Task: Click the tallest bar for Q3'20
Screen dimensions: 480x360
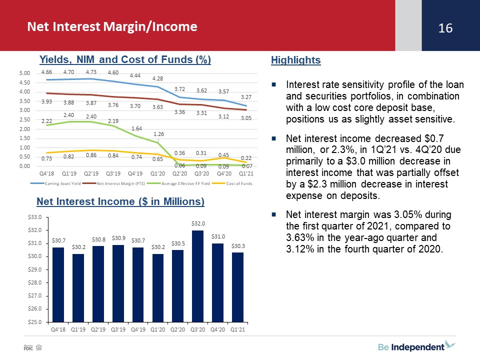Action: coord(198,276)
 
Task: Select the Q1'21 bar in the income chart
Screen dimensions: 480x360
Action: coord(237,287)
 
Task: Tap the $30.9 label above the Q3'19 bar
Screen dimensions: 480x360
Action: coord(118,238)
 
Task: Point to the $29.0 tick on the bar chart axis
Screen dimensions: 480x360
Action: coord(34,269)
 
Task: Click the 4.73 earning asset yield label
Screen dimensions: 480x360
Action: coord(91,72)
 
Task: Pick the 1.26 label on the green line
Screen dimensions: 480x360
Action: coord(158,134)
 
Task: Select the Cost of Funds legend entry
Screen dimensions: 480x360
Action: coord(232,183)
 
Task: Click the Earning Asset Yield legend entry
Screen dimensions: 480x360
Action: coord(55,183)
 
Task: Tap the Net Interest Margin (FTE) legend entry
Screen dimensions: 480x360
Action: coord(113,183)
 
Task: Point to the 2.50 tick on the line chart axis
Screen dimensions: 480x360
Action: coord(24,119)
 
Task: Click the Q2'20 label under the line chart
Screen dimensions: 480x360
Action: coord(179,173)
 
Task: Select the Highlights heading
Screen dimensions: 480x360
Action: coord(295,60)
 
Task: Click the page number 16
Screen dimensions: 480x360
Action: coord(445,28)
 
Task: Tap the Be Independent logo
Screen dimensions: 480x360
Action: coord(416,346)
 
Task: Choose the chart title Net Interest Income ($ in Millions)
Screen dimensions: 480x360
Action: coord(120,201)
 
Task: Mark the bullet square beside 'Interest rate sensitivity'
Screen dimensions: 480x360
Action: coord(274,84)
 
